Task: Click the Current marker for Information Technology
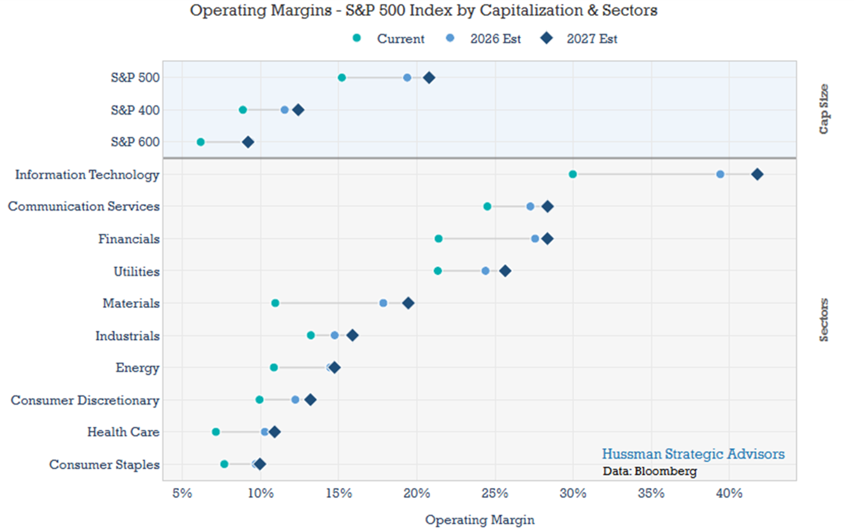(572, 174)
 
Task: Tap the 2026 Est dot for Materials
(383, 303)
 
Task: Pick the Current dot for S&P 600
(200, 142)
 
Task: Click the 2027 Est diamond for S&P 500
(429, 78)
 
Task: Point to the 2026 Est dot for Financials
(535, 239)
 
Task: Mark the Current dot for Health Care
(215, 432)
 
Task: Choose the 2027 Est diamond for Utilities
(505, 271)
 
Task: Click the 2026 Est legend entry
(484, 38)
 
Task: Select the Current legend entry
(389, 38)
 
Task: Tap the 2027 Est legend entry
(579, 38)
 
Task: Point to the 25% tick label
(495, 493)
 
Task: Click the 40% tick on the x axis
(729, 493)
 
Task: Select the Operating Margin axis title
(479, 520)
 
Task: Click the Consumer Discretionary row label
(85, 400)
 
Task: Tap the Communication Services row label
(84, 206)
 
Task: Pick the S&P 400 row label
(135, 110)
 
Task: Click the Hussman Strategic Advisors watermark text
(693, 454)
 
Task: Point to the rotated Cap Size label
(823, 109)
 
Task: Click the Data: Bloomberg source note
(650, 471)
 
